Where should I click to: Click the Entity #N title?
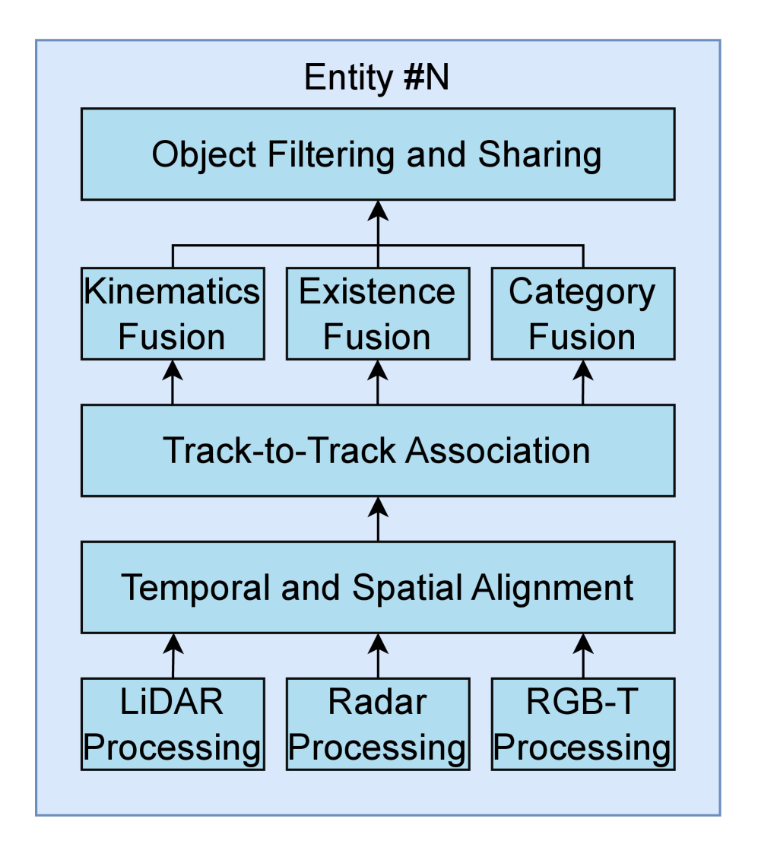(376, 78)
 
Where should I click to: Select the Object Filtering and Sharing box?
(377, 154)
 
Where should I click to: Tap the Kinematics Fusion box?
(173, 313)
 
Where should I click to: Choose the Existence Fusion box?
(377, 313)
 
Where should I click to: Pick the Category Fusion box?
(582, 313)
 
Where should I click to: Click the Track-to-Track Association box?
(377, 450)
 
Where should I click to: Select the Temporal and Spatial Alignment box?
(377, 587)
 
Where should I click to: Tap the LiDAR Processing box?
(173, 724)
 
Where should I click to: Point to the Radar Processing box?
(377, 724)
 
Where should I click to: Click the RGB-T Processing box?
(582, 724)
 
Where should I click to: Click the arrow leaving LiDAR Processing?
(173, 655)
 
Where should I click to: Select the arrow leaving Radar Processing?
(378, 655)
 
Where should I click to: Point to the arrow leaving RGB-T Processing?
(583, 655)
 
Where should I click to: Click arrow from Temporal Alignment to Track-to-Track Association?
(378, 519)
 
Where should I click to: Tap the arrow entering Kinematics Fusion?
(173, 382)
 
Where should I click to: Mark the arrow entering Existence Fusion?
(378, 382)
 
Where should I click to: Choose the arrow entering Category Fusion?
(583, 382)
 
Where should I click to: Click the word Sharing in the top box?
(539, 154)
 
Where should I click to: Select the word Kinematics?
(173, 292)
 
